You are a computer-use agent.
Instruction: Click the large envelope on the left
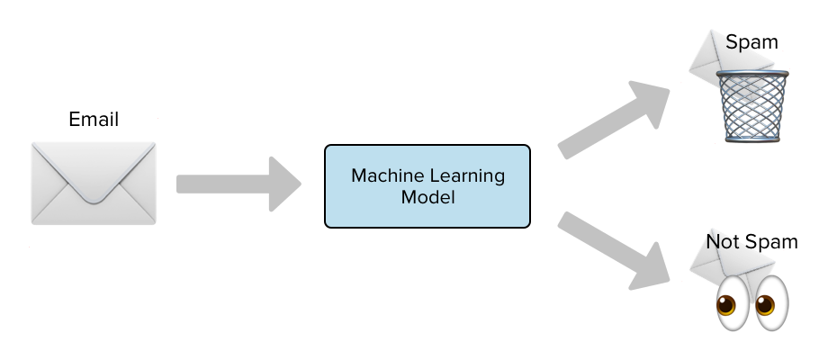coord(94,183)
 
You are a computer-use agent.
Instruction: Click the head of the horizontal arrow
coord(285,184)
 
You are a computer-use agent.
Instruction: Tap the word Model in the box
coord(427,197)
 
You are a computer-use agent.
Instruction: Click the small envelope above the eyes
coord(731,261)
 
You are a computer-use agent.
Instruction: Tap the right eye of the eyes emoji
coord(770,303)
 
